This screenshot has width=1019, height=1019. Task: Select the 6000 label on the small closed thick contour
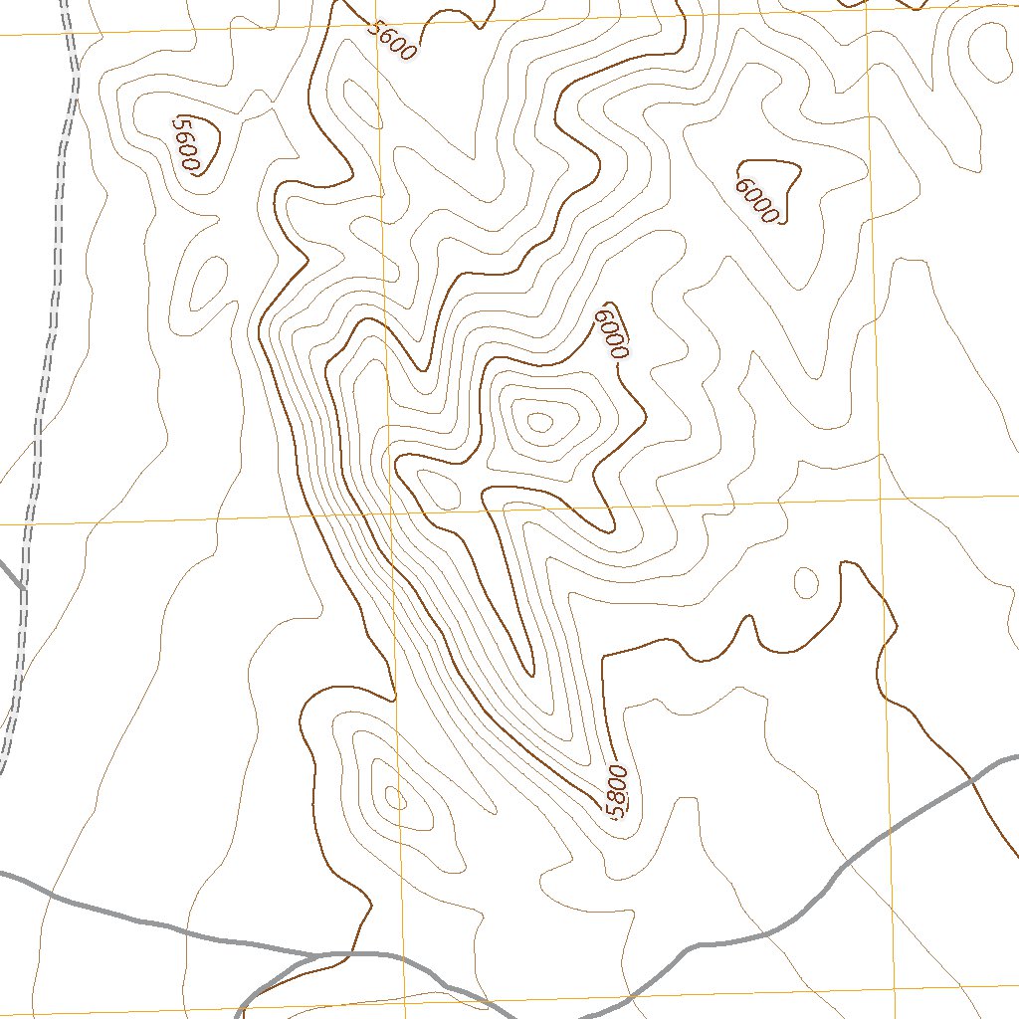click(756, 199)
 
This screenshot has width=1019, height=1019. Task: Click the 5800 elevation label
click(617, 792)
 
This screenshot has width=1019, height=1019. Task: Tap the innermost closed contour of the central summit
click(539, 423)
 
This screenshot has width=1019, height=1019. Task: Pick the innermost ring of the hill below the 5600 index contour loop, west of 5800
click(394, 797)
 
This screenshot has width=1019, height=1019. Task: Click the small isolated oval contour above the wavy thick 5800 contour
click(805, 582)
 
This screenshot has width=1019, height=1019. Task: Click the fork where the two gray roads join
click(316, 955)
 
